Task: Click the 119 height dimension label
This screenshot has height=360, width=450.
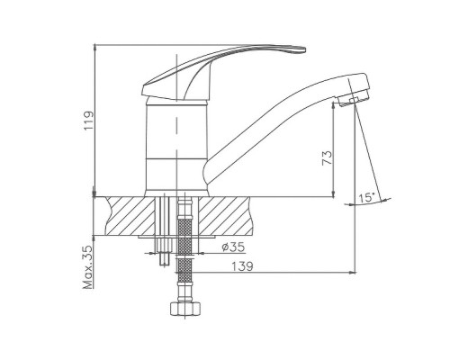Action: point(89,121)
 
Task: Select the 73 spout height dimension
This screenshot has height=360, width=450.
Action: point(328,157)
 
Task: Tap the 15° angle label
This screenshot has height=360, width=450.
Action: point(367,198)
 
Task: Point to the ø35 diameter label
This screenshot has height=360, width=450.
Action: point(233,247)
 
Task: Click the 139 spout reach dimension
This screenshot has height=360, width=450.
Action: point(242,266)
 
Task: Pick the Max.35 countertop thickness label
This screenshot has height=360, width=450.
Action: point(89,267)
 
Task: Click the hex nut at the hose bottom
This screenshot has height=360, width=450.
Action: point(184,309)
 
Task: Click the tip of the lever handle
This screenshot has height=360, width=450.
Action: point(304,49)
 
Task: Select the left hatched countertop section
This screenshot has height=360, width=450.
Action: point(130,216)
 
